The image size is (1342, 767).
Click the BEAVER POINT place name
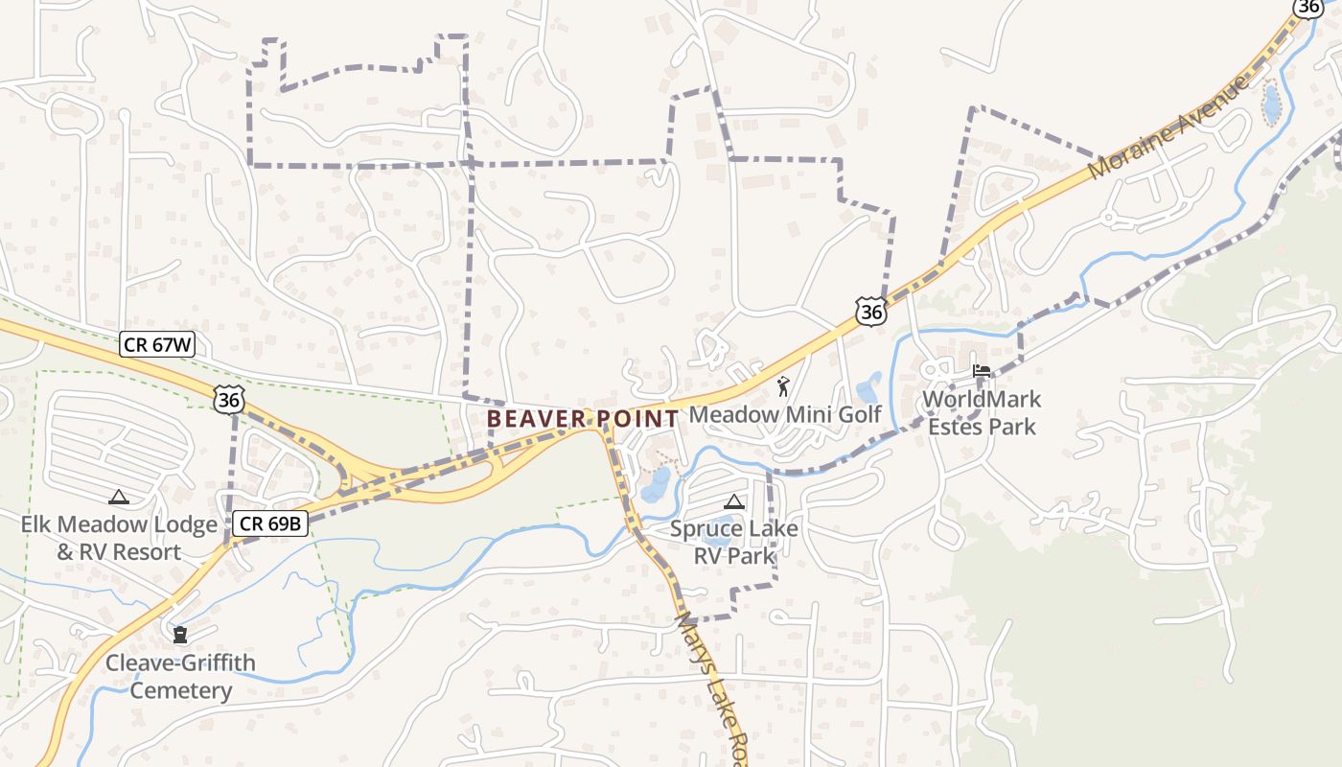pos(582,419)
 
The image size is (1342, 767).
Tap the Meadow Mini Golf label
pos(785,414)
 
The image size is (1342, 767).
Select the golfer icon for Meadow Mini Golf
pos(784,386)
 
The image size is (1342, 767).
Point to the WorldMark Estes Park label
pos(982,412)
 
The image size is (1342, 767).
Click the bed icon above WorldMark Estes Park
pos(981,371)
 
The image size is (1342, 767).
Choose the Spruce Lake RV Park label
pos(733,542)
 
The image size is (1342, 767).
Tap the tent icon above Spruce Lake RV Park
pos(733,501)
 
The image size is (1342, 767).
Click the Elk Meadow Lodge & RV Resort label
pos(119,538)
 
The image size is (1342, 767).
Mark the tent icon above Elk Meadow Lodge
pos(119,497)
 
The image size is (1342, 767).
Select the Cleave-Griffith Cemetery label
pos(181,677)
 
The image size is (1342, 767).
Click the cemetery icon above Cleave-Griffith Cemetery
pos(180,635)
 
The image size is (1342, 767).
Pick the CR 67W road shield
pos(157,345)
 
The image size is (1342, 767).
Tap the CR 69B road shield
pos(270,523)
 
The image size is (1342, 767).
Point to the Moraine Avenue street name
pos(1168,125)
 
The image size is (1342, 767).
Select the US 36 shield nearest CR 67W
pos(228,400)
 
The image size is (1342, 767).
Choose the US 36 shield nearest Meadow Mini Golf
pos(870,311)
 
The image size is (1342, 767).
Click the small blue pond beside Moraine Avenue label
pos(1272,105)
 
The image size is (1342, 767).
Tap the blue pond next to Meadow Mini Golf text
pos(869,387)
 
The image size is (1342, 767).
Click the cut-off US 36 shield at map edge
pos(1308,7)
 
